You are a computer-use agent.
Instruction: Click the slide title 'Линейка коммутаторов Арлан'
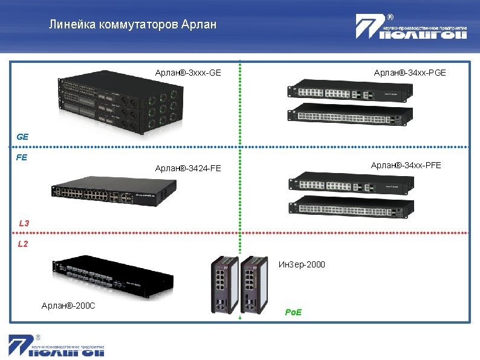pyautogui.click(x=132, y=25)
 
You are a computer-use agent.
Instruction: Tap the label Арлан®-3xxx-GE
pyautogui.click(x=187, y=73)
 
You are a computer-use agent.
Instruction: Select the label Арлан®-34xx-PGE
pyautogui.click(x=410, y=73)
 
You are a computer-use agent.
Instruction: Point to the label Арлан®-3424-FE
pyautogui.click(x=187, y=168)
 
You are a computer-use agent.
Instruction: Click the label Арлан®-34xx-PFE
pyautogui.click(x=406, y=165)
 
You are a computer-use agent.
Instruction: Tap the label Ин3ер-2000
pyautogui.click(x=302, y=264)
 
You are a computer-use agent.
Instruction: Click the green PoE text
pyautogui.click(x=293, y=312)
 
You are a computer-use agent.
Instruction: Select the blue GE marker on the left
pyautogui.click(x=22, y=137)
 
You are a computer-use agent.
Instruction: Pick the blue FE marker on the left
pyautogui.click(x=22, y=158)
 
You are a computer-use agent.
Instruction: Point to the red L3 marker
pyautogui.click(x=24, y=223)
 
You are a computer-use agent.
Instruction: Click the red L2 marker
pyautogui.click(x=23, y=244)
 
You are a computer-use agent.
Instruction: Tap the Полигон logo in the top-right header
pyautogui.click(x=411, y=28)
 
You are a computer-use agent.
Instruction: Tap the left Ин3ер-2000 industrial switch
pyautogui.click(x=223, y=284)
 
